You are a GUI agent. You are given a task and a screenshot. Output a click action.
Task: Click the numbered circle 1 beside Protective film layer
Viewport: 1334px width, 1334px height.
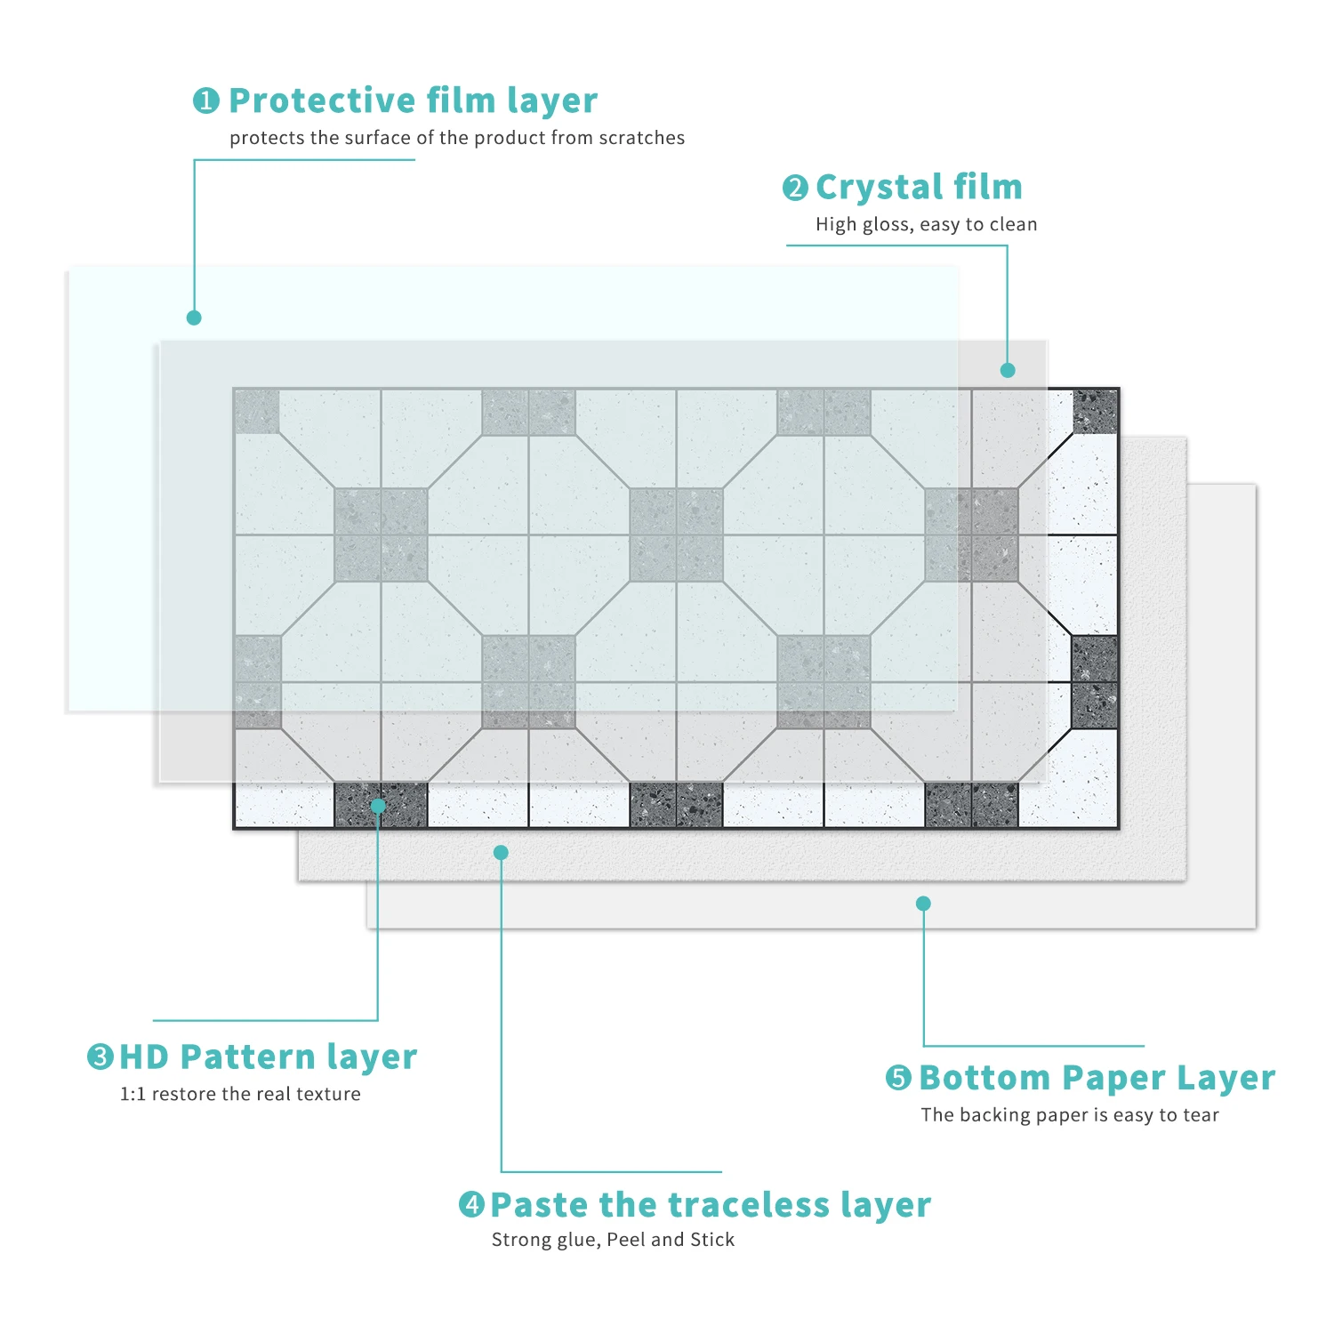click(205, 100)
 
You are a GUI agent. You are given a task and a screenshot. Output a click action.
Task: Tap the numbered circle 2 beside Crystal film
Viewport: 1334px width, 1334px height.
click(795, 188)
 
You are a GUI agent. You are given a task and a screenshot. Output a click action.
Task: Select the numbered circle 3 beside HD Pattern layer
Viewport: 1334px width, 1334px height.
click(100, 1057)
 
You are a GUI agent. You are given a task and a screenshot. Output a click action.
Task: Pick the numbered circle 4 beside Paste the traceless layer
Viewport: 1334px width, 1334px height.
click(471, 1205)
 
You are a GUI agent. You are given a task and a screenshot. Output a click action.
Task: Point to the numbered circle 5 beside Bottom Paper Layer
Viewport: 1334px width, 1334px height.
click(899, 1078)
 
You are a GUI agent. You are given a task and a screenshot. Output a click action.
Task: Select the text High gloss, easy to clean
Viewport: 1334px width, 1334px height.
click(926, 224)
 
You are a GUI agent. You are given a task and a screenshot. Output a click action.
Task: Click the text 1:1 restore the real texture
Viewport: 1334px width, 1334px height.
click(240, 1094)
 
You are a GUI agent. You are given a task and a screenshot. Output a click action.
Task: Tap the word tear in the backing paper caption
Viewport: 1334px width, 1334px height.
click(1201, 1115)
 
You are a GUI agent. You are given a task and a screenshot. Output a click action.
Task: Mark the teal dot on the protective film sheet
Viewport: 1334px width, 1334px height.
click(194, 317)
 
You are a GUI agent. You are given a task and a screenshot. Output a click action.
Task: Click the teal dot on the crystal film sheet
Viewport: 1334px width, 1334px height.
click(1008, 370)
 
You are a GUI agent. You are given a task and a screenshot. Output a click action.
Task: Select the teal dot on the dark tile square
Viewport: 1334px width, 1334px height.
click(378, 806)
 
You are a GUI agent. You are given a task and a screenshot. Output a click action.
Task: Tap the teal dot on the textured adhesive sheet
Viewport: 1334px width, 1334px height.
click(501, 852)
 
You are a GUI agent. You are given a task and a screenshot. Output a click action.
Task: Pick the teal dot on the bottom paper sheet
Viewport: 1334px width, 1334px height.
click(923, 904)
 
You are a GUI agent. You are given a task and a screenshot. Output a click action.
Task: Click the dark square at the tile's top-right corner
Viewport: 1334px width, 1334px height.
click(1095, 412)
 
